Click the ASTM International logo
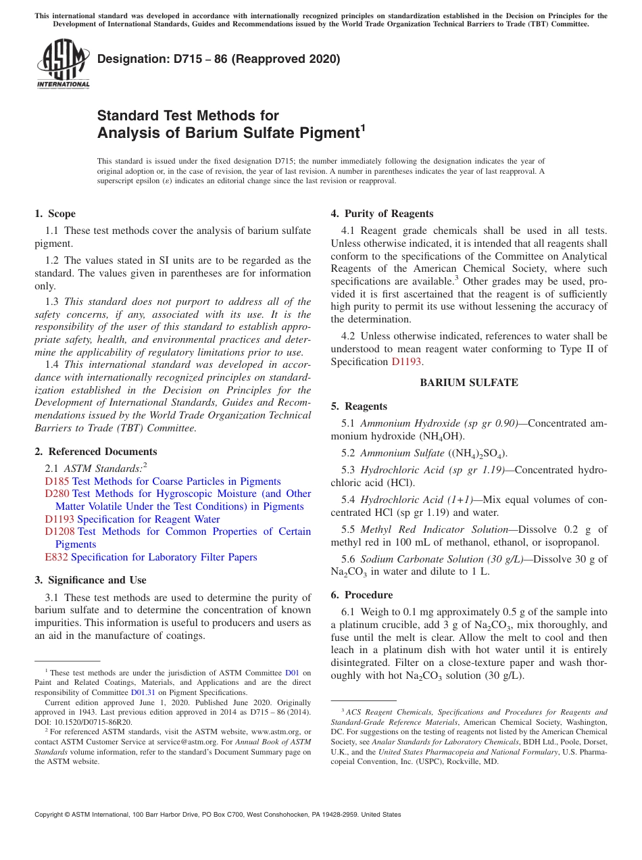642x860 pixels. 63,64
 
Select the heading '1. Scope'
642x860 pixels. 55,214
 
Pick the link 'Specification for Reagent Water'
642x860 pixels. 149,519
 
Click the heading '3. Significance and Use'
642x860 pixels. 90,580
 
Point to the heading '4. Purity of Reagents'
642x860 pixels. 382,214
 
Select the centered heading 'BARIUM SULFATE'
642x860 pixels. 468,383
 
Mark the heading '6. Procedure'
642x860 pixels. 362,595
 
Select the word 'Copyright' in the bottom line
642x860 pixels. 50,815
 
